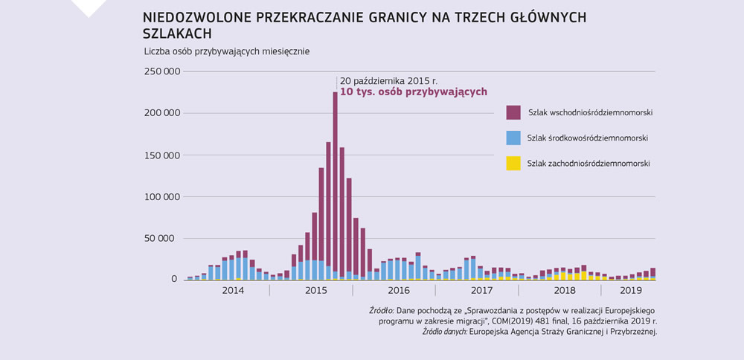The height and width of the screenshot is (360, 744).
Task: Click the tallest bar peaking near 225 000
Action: [336, 186]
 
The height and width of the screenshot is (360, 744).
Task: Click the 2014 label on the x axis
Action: [234, 291]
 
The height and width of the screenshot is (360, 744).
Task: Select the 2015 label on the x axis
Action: [315, 291]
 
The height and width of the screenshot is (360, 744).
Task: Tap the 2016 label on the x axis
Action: [398, 291]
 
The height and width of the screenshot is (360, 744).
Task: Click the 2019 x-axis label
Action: [630, 291]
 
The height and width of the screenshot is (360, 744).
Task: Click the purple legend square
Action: [513, 112]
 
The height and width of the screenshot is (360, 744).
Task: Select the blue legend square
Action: [513, 138]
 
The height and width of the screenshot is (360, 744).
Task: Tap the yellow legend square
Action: [513, 164]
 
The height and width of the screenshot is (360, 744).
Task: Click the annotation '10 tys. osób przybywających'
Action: [413, 92]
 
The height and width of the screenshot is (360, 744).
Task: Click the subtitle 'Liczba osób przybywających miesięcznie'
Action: [227, 51]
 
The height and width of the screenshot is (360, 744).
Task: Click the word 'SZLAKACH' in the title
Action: [176, 33]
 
